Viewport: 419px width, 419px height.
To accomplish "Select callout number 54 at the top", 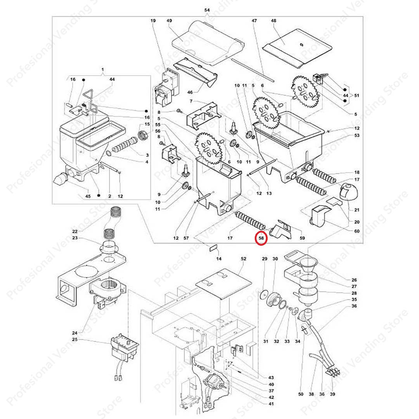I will tap(207, 10).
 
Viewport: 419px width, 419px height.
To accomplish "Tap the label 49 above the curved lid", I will tap(169, 21).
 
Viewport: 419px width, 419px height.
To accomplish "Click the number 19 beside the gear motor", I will tap(152, 21).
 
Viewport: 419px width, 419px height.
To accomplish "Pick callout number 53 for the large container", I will tap(357, 135).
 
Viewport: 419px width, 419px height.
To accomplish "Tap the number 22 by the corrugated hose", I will tap(75, 232).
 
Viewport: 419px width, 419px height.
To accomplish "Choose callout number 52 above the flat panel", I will tap(243, 258).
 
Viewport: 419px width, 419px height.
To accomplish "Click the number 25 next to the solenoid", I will tap(75, 340).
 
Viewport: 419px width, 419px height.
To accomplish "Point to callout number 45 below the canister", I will tap(88, 196).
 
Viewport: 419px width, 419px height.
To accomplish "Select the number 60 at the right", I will tap(357, 232).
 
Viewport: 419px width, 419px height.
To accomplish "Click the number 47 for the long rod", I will tap(255, 21).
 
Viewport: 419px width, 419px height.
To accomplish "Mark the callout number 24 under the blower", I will tap(75, 333).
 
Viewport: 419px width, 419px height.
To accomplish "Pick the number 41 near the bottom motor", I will tap(271, 404).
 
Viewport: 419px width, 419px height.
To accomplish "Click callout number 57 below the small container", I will tap(186, 238).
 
